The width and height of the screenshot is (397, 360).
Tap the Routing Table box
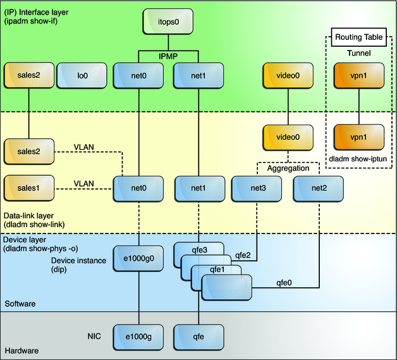tap(358, 38)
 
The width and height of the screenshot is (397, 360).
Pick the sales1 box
tap(28, 188)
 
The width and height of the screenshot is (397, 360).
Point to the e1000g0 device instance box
tap(138, 259)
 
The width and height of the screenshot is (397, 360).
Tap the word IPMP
tap(168, 56)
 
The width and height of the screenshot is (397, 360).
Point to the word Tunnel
tap(358, 54)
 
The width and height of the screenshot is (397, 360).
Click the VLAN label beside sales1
tap(83, 183)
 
